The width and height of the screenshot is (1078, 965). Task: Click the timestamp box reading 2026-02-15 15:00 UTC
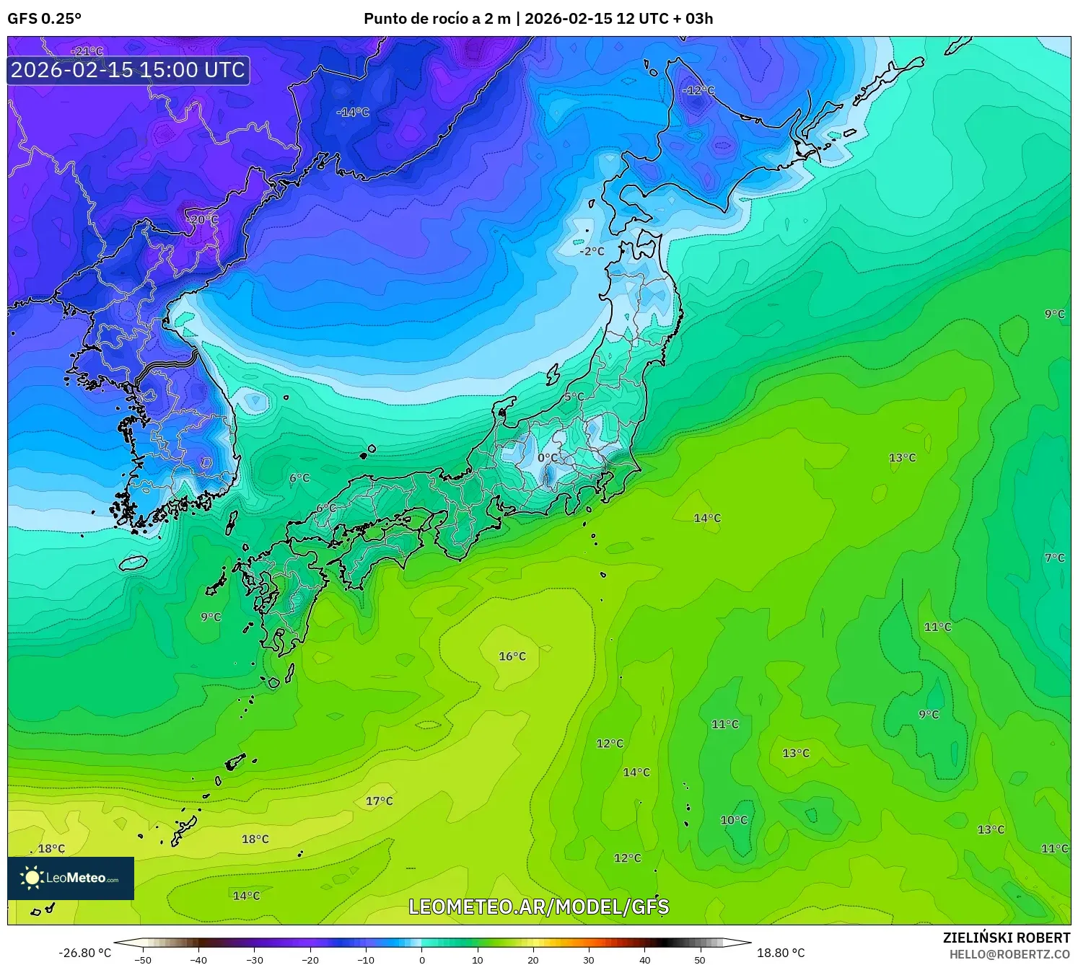point(128,70)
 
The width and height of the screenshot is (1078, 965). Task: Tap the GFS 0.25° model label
point(44,19)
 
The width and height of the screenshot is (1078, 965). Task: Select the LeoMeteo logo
point(71,878)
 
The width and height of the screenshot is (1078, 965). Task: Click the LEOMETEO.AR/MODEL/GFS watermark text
point(538,907)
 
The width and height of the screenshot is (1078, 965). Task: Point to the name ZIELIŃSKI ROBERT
point(1007,938)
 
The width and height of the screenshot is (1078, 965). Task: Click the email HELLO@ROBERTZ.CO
point(1009,953)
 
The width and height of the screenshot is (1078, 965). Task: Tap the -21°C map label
point(87,51)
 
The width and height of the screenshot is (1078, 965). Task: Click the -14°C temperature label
point(353,113)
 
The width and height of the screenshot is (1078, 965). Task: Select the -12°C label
point(698,91)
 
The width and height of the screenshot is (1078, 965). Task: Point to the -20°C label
point(202,219)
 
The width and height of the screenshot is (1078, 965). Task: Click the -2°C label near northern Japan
point(592,251)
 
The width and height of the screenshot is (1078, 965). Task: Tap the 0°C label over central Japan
point(548,458)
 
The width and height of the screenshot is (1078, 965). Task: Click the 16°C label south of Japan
point(512,656)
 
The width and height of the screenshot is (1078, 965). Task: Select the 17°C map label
point(380,801)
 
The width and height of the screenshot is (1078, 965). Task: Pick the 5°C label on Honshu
point(574,397)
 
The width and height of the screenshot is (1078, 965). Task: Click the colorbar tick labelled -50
point(143,959)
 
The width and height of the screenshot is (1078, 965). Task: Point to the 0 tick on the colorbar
point(422,959)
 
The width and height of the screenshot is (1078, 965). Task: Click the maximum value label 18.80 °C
point(781,953)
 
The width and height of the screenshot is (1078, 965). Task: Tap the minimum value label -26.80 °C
point(85,953)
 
